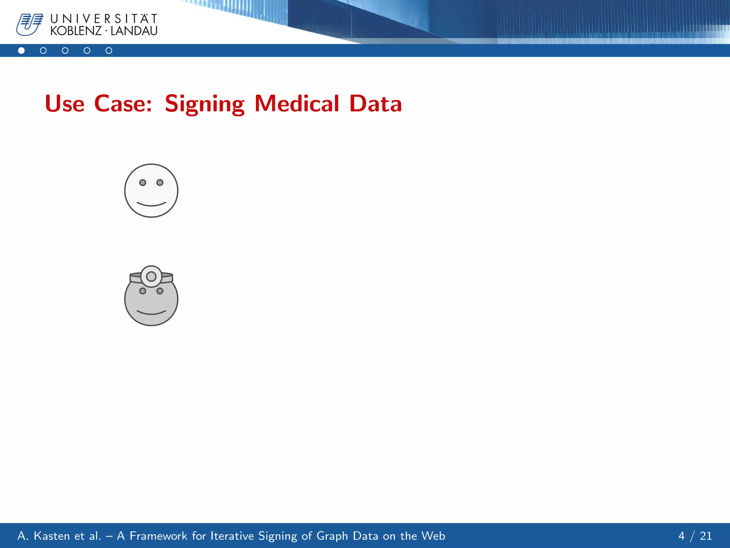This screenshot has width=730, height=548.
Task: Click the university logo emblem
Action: click(x=29, y=24)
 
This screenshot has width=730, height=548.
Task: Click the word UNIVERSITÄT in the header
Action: click(x=104, y=19)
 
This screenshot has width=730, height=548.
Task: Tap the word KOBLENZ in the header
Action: click(x=76, y=31)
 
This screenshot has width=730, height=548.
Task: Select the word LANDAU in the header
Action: click(x=134, y=31)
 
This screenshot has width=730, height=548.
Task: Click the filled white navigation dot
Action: click(x=21, y=51)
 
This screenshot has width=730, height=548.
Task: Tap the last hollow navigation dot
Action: click(x=109, y=51)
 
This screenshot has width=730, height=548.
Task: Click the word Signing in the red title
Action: click(x=205, y=104)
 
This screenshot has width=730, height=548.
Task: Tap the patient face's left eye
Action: click(x=143, y=183)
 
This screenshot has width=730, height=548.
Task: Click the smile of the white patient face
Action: click(x=151, y=204)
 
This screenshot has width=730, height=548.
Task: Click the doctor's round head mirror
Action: click(x=151, y=276)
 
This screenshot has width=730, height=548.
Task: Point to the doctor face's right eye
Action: click(x=160, y=291)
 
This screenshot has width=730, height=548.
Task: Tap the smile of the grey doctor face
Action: click(x=151, y=313)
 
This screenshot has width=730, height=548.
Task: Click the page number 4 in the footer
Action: click(x=682, y=536)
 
